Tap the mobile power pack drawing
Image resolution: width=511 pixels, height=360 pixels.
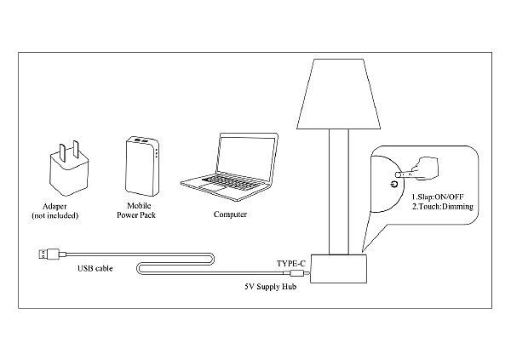pyautogui.click(x=142, y=166)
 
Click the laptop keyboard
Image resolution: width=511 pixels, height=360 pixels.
pyautogui.click(x=232, y=180)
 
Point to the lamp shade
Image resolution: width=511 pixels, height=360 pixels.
pyautogui.click(x=339, y=94)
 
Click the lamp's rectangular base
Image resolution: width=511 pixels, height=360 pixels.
pyautogui.click(x=338, y=269)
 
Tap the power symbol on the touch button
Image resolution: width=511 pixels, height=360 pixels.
pyautogui.click(x=395, y=184)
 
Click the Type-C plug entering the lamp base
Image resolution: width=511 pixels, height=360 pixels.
pyautogui.click(x=296, y=273)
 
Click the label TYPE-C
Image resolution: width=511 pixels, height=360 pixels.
pyautogui.click(x=291, y=263)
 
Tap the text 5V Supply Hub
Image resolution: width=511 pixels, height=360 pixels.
pyautogui.click(x=271, y=287)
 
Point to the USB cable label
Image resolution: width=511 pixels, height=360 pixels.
pyautogui.click(x=95, y=268)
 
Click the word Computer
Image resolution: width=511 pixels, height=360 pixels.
pyautogui.click(x=230, y=214)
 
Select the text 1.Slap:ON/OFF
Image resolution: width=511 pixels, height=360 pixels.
pyautogui.click(x=438, y=197)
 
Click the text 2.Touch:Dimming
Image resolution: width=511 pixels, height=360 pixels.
pyautogui.click(x=443, y=207)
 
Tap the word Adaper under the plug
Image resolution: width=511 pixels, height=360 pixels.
pyautogui.click(x=55, y=207)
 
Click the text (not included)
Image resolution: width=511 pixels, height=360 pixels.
pyautogui.click(x=55, y=215)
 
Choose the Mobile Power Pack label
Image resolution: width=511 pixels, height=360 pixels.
pyautogui.click(x=136, y=210)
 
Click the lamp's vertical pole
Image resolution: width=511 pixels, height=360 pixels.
pyautogui.click(x=339, y=191)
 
